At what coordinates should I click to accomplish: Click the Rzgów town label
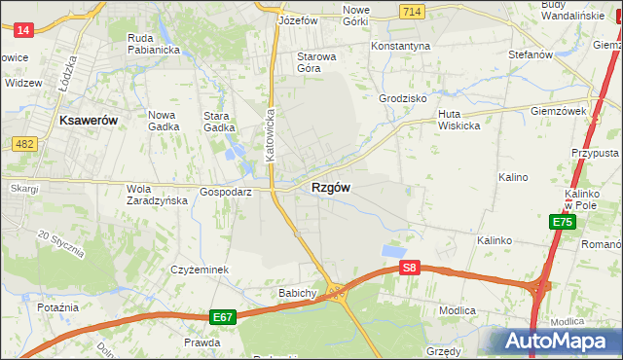[x=331, y=188]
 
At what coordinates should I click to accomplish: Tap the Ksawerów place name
[x=89, y=120]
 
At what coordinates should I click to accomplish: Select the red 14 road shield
[x=24, y=30]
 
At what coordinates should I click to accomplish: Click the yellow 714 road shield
[x=410, y=10]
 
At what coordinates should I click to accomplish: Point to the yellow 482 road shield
[x=24, y=144]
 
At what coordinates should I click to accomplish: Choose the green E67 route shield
[x=222, y=317]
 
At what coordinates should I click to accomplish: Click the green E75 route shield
[x=562, y=223]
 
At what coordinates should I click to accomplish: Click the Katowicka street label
[x=272, y=134]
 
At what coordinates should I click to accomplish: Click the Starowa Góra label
[x=316, y=62]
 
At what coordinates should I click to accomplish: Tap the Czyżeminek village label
[x=199, y=270]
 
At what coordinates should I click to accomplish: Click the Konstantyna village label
[x=400, y=46]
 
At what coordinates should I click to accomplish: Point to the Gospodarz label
[x=226, y=192]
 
